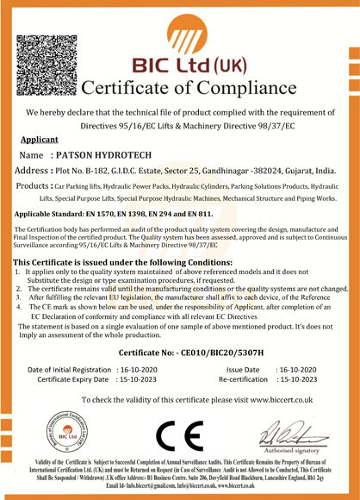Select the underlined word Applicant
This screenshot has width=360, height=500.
click(x=40, y=139)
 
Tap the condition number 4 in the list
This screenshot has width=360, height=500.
click(x=19, y=306)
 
